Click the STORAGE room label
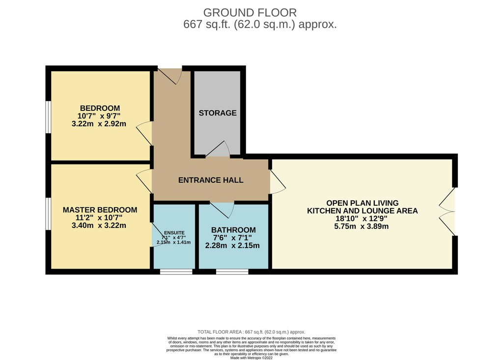218,113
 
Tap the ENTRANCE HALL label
211,180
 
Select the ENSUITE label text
174,233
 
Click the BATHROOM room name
233,230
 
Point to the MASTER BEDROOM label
100,210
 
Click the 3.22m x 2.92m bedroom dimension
99,124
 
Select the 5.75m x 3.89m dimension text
362,226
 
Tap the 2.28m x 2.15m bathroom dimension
232,246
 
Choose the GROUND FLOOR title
250,12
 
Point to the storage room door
218,149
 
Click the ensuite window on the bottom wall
176,272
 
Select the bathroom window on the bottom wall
232,272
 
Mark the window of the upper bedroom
48,117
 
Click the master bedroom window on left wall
48,214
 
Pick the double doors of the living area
447,212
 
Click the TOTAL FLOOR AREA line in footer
251,332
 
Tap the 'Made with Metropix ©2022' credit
251,358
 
